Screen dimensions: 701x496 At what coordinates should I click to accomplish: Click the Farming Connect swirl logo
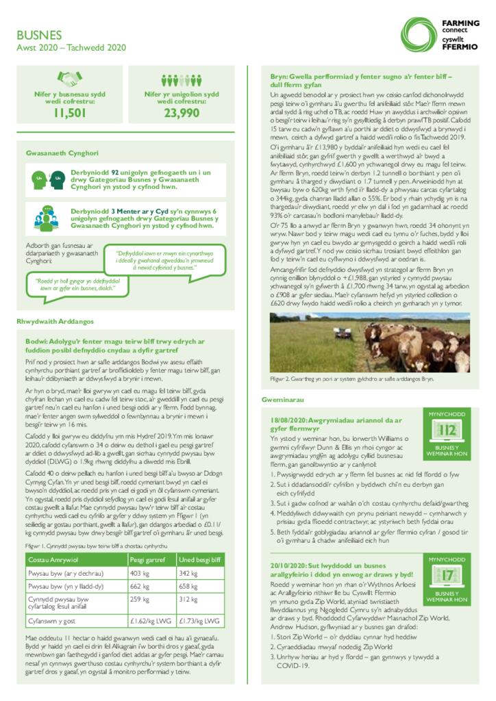pos(418,32)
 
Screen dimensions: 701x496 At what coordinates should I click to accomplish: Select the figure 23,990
pos(182,114)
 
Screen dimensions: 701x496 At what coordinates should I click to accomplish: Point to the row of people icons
pos(181,79)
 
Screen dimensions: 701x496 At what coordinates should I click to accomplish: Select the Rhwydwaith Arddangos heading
pos(55,320)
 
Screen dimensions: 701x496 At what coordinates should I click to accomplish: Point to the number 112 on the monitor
pos(447,430)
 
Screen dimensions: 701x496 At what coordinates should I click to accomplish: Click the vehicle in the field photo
pos(345,335)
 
